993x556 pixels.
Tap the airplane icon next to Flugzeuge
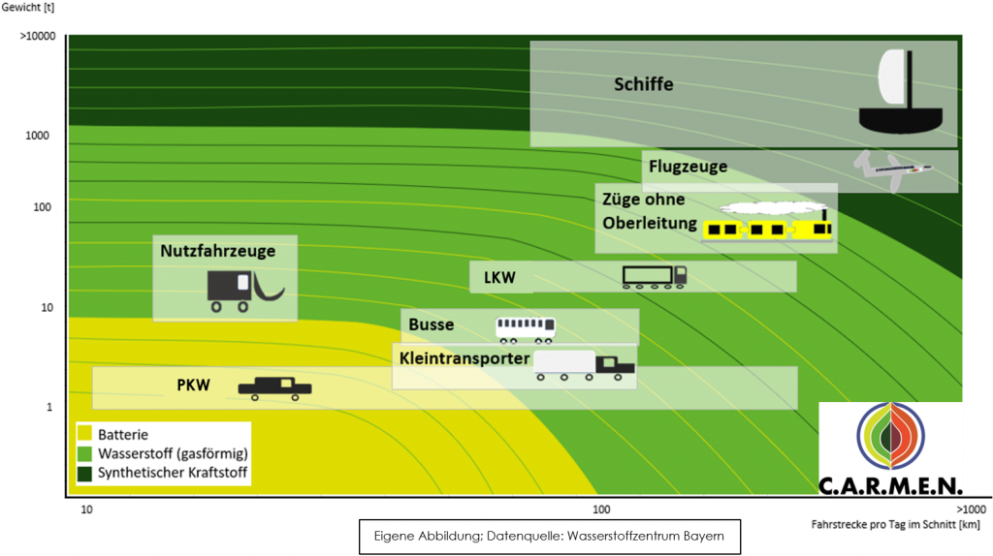(x=893, y=170)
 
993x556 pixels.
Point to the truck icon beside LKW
(x=655, y=277)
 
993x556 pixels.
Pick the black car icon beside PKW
(x=274, y=388)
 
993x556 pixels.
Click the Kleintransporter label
(x=464, y=358)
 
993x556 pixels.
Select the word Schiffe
(x=644, y=84)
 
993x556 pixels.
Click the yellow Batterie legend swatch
(x=85, y=434)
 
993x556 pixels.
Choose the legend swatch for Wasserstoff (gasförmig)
(x=85, y=453)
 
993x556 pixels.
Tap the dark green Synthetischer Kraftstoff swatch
(x=85, y=473)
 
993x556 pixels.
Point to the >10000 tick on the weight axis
(x=38, y=36)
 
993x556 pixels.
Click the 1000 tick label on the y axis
(x=37, y=136)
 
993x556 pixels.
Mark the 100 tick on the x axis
(x=601, y=510)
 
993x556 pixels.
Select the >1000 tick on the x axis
(x=971, y=510)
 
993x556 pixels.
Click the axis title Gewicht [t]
(x=28, y=8)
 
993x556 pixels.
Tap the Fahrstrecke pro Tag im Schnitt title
(x=895, y=524)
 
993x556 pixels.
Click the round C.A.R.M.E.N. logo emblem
(x=890, y=436)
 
